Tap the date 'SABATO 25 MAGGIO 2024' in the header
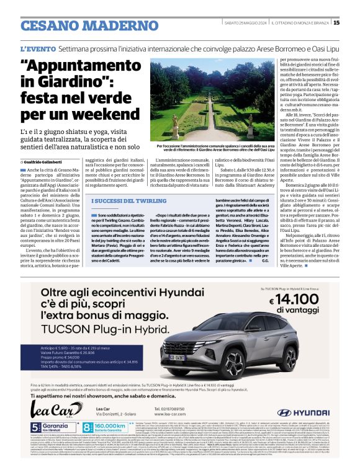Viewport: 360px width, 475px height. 245,23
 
